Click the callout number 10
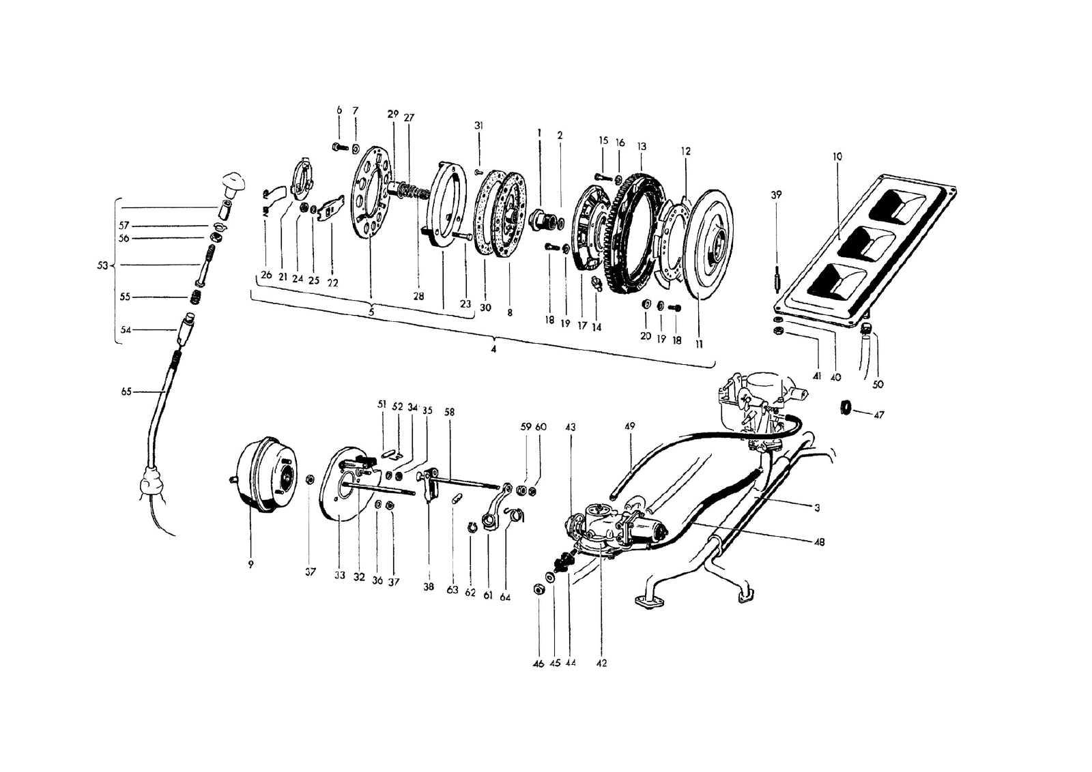(837, 157)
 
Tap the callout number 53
(102, 265)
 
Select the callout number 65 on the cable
(126, 392)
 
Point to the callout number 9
(250, 565)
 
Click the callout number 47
(879, 415)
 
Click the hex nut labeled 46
(537, 589)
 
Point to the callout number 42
(602, 663)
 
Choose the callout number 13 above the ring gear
(642, 147)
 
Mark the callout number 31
(479, 125)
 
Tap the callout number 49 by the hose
(629, 426)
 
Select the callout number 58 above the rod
(449, 413)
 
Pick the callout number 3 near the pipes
(816, 508)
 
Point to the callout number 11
(699, 345)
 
